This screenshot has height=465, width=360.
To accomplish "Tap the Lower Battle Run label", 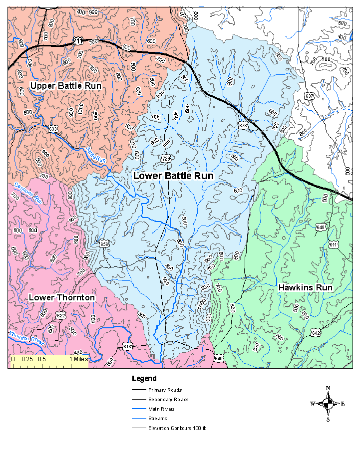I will tap(173, 176).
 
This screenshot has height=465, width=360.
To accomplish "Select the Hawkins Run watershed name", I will tap(305, 288).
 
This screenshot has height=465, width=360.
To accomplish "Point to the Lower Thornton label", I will tap(62, 298).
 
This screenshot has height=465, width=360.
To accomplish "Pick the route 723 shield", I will tap(166, 158).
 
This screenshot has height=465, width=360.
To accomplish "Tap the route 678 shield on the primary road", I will tap(243, 126).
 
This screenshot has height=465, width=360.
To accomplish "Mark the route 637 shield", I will tap(310, 96).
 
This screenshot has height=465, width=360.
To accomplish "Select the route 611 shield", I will tap(334, 244).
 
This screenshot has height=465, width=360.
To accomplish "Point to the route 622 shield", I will tap(60, 315).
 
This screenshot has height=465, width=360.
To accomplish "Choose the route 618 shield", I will tap(127, 346).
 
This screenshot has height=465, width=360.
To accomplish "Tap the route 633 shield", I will tap(53, 129).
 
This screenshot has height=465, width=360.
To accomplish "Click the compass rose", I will tap(328, 404).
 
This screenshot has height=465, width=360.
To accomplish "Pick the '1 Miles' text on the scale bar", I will tap(77, 359).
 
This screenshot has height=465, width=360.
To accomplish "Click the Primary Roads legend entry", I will tap(165, 390).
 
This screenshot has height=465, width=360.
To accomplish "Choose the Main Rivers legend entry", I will tap(161, 409).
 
